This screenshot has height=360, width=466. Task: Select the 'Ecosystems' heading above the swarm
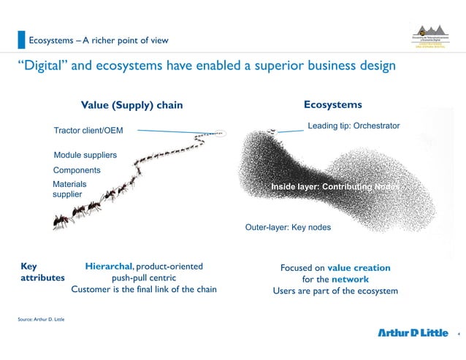332,104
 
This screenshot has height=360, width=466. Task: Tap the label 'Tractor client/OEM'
88,131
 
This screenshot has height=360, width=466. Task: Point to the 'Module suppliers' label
85,155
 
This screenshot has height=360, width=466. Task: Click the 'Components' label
77,170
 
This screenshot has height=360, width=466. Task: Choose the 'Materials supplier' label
70,190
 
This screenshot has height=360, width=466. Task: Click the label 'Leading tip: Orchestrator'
354,126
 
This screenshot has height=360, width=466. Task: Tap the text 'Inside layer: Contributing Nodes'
335,188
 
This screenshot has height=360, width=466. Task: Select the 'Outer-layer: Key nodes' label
288,227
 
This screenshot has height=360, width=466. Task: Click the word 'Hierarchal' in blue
108,267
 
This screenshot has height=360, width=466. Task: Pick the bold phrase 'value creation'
359,268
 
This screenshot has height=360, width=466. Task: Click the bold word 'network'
350,279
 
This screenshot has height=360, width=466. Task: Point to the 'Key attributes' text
40,272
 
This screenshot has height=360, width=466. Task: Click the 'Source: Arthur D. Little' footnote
41,320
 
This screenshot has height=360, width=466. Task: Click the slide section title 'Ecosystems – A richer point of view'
98,39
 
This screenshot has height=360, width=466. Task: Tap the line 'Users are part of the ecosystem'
335,291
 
